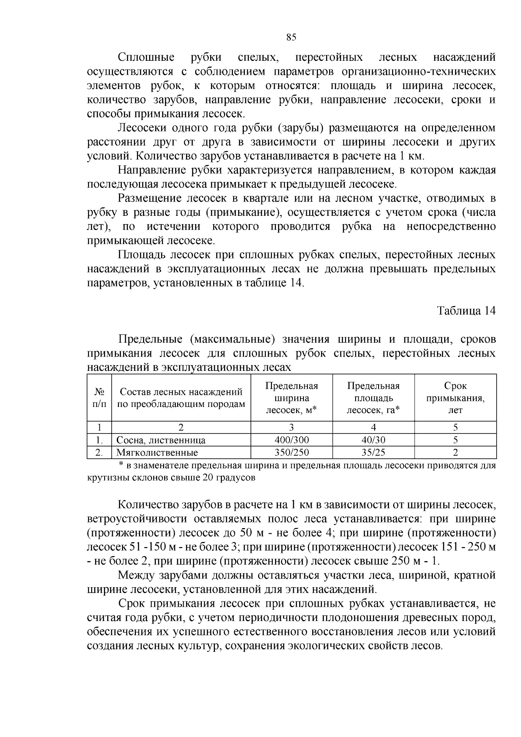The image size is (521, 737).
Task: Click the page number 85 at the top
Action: pos(291,37)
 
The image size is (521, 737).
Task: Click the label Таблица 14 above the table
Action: pos(466,311)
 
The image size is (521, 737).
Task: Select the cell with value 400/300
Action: pos(292,440)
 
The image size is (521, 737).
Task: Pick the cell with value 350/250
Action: pos(292,453)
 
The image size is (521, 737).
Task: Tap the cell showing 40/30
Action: pos(373,440)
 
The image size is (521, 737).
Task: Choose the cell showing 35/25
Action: pos(373,453)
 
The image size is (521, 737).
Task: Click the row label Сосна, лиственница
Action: pos(161,440)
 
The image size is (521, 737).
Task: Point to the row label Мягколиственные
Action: pos(157,453)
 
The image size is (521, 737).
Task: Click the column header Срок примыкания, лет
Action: pos(455,398)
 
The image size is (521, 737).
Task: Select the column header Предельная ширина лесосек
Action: pos(292,398)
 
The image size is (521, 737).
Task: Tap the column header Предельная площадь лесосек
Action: pos(373,398)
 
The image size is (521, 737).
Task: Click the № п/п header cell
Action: pos(99,398)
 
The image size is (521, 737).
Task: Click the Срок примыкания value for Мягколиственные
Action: pos(455,453)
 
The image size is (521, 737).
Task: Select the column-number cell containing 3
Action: pos(292,427)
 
